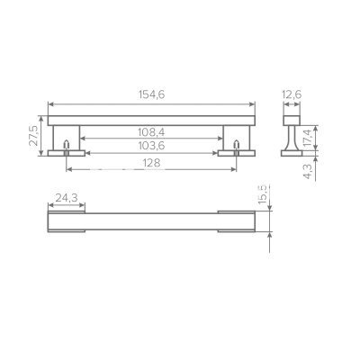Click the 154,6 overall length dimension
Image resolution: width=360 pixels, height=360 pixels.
click(x=151, y=94)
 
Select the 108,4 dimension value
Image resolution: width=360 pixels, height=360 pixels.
click(x=151, y=132)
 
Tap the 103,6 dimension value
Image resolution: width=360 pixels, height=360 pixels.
click(x=151, y=146)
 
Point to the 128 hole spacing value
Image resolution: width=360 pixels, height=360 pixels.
click(x=151, y=163)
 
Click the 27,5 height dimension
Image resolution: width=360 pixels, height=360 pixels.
click(x=33, y=136)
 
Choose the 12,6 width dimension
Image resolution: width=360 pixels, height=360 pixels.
click(x=292, y=94)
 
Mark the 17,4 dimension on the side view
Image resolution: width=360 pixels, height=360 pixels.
click(x=308, y=137)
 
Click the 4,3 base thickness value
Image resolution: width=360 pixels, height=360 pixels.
click(x=308, y=172)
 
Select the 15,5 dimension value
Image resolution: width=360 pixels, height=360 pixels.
click(x=262, y=194)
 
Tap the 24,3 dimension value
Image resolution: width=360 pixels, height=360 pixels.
click(x=67, y=198)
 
